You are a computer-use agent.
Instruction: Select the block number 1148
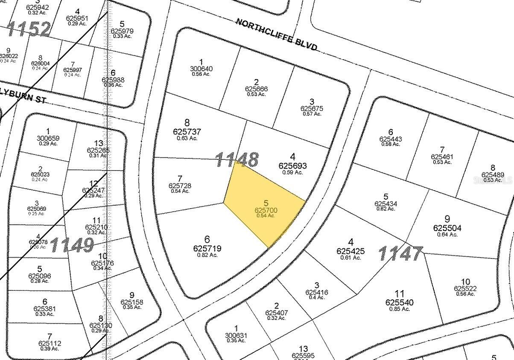point(237,160)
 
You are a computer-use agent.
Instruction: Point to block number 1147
point(400,253)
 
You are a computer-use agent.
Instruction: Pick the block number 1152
point(29,29)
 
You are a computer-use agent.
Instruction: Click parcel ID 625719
point(207,247)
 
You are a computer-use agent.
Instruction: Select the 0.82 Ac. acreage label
point(207,255)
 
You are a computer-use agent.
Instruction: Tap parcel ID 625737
point(187,132)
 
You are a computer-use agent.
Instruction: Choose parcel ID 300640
point(201,69)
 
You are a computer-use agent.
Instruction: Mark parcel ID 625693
point(292,166)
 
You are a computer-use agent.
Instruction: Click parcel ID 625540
point(399,302)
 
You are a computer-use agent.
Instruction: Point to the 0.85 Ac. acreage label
point(399,309)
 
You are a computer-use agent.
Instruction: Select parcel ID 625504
point(447,228)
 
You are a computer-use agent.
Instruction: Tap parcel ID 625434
point(385,204)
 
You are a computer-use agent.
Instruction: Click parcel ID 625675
point(312,109)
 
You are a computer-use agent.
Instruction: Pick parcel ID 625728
point(180,186)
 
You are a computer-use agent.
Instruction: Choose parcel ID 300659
point(48,138)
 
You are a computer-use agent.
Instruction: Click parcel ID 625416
point(316,292)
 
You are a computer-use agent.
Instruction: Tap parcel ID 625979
point(122,31)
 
